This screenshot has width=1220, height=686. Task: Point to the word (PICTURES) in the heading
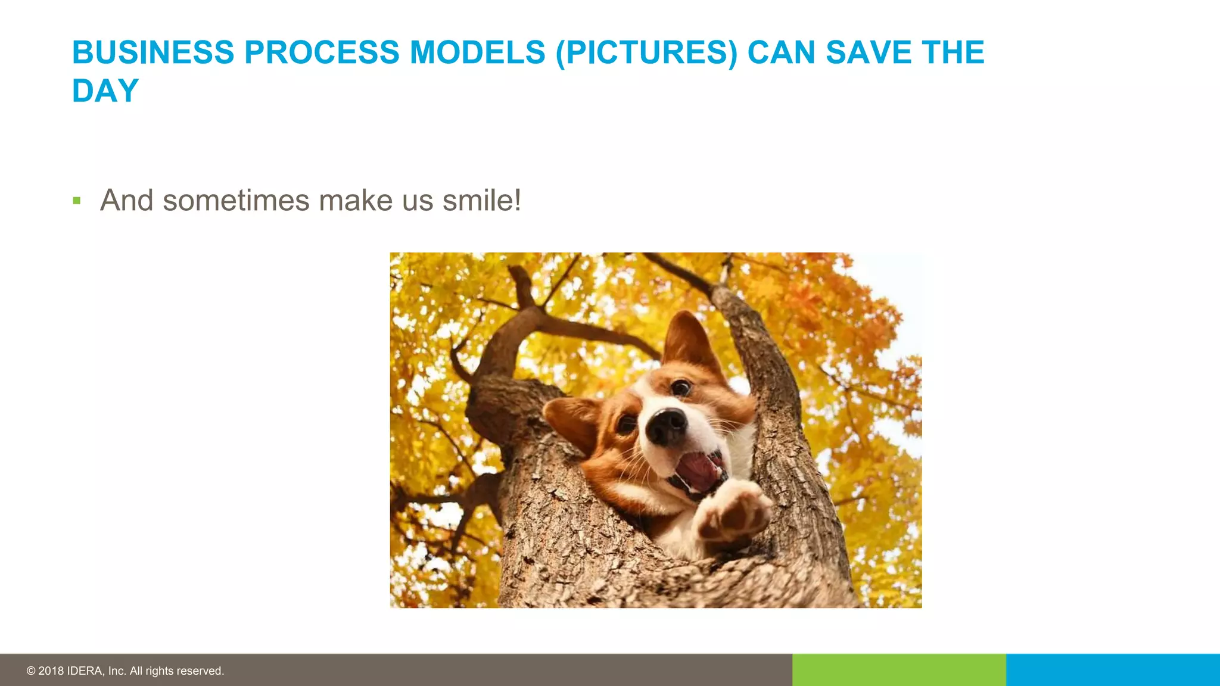click(x=646, y=52)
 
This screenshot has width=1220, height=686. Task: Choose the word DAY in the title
click(x=105, y=91)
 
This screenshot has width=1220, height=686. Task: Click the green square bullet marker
click(x=76, y=201)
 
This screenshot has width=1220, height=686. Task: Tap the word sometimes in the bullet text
click(x=236, y=200)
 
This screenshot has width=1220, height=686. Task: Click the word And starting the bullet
click(x=127, y=200)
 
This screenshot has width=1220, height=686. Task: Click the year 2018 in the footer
click(x=51, y=671)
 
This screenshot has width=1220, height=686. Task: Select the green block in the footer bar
click(x=899, y=670)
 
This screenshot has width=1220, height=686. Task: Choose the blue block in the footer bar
click(x=1113, y=670)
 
